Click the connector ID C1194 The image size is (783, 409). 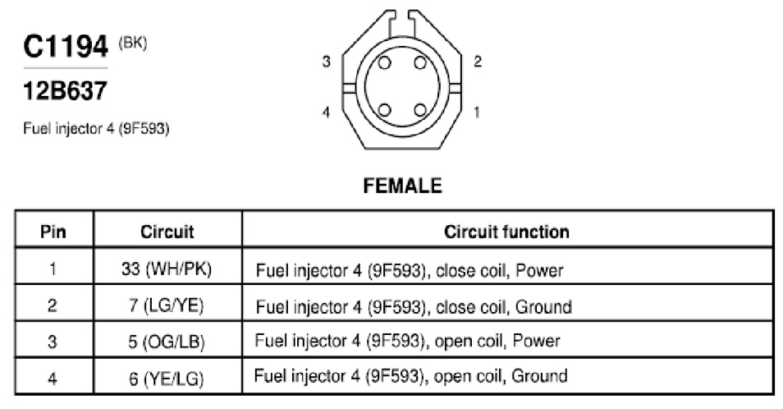click(66, 47)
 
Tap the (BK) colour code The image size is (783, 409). click(132, 44)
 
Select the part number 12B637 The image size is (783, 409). click(65, 91)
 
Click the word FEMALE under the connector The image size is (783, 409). click(402, 186)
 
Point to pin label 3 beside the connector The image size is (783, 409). click(326, 62)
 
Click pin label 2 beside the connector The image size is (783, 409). click(478, 62)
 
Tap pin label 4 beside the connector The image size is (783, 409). click(326, 112)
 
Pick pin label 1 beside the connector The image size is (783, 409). click(477, 112)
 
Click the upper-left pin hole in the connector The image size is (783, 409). click(384, 63)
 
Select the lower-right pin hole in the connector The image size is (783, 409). click(420, 110)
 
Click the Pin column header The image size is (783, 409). click(53, 232)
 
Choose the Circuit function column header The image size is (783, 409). click(506, 232)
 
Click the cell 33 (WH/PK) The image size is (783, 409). click(167, 269)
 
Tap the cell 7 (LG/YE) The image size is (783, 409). click(167, 306)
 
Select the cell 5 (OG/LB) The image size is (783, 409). click(167, 342)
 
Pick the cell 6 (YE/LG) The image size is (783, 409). click(167, 378)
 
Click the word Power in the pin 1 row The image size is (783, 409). click(538, 271)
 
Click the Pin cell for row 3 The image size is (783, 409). click(53, 342)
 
